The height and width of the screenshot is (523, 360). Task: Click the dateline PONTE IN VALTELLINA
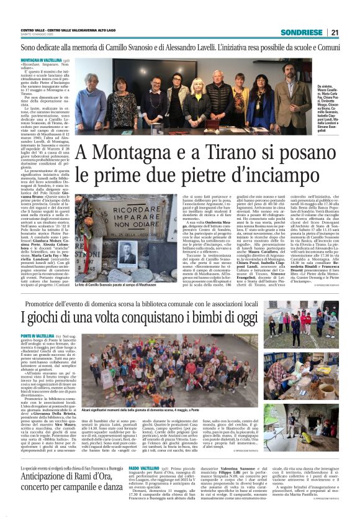[x=38, y=336]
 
